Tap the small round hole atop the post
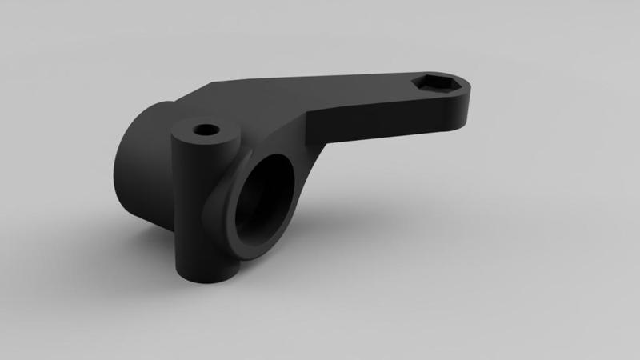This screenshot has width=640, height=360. pyautogui.click(x=206, y=128)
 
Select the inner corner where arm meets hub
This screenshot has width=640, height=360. pyautogui.click(x=308, y=128)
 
